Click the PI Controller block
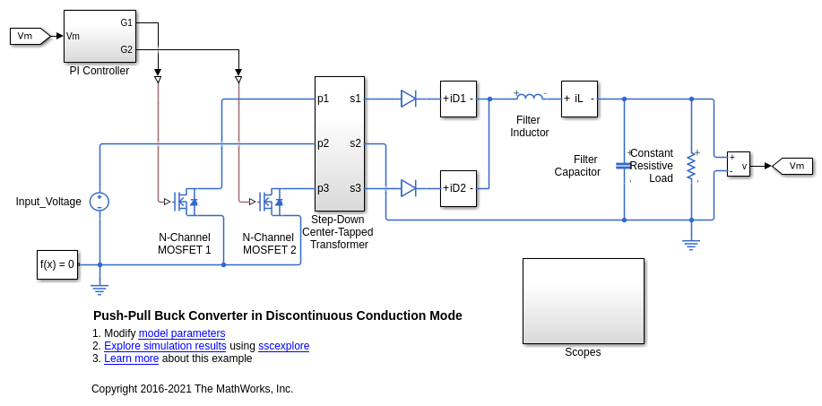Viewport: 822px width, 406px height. pyautogui.click(x=100, y=36)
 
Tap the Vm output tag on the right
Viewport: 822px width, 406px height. pyautogui.click(x=792, y=166)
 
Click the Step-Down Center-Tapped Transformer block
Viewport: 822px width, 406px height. pyautogui.click(x=340, y=143)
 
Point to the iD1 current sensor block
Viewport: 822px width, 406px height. pyautogui.click(x=458, y=99)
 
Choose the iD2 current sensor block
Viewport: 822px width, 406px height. pyautogui.click(x=458, y=188)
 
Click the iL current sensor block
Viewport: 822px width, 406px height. pyautogui.click(x=579, y=99)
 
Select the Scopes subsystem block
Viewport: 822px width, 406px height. pyautogui.click(x=584, y=301)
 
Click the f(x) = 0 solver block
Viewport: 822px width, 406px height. pyautogui.click(x=57, y=264)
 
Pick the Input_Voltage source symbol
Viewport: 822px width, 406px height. pyautogui.click(x=100, y=202)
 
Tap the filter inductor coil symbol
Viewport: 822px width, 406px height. pyautogui.click(x=530, y=97)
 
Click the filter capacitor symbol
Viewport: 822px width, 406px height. pyautogui.click(x=624, y=166)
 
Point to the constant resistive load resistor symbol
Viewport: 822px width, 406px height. pyautogui.click(x=691, y=167)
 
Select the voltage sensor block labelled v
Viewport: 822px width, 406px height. pyautogui.click(x=738, y=164)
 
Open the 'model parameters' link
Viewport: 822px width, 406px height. pyautogui.click(x=182, y=333)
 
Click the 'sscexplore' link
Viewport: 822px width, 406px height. pyautogui.click(x=283, y=346)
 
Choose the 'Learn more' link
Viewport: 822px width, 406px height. pyautogui.click(x=131, y=358)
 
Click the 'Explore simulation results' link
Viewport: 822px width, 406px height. pyautogui.click(x=165, y=346)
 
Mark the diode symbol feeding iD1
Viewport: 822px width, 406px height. pyautogui.click(x=409, y=99)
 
